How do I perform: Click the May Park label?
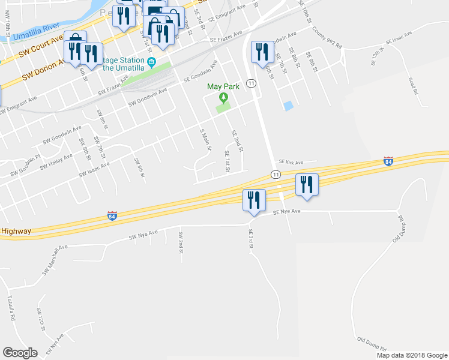click(x=223, y=86)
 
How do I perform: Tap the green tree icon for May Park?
click(x=223, y=98)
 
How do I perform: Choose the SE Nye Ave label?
click(x=286, y=212)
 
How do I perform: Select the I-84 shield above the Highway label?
click(x=112, y=215)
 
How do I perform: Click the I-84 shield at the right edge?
click(x=388, y=163)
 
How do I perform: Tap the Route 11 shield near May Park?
click(x=251, y=83)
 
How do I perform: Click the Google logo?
click(x=20, y=352)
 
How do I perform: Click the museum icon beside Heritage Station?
click(x=152, y=61)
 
